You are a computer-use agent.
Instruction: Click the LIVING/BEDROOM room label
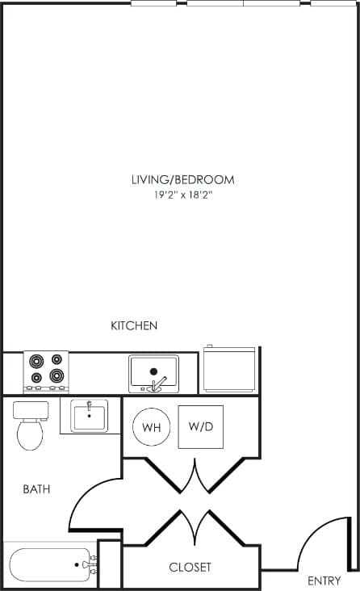coord(182,179)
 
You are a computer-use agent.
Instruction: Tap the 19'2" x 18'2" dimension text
coord(182,195)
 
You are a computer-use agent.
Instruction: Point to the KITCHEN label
coord(134,326)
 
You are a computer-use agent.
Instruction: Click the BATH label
coord(36,489)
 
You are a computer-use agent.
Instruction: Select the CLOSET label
coord(190,568)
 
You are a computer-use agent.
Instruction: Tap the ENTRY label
coord(324,581)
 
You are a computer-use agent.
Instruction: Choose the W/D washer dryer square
coord(200,425)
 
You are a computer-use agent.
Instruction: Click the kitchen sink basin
coord(153,371)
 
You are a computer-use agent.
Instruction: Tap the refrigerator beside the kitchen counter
coord(230,368)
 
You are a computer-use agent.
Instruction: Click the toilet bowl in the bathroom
coord(31,436)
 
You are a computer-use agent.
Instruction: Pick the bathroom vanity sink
coord(88,417)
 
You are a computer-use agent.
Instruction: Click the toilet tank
coord(31,410)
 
